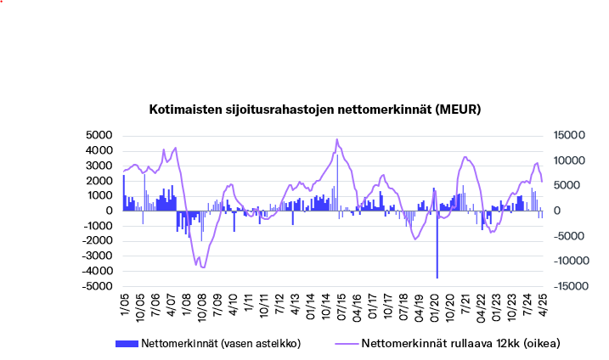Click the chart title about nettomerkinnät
(315, 110)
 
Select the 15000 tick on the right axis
(568, 136)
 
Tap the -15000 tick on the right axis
(567, 287)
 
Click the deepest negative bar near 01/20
(437, 255)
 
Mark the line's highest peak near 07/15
(337, 139)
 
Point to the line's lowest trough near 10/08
(202, 267)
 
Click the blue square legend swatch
(126, 344)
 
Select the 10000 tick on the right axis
(568, 161)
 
